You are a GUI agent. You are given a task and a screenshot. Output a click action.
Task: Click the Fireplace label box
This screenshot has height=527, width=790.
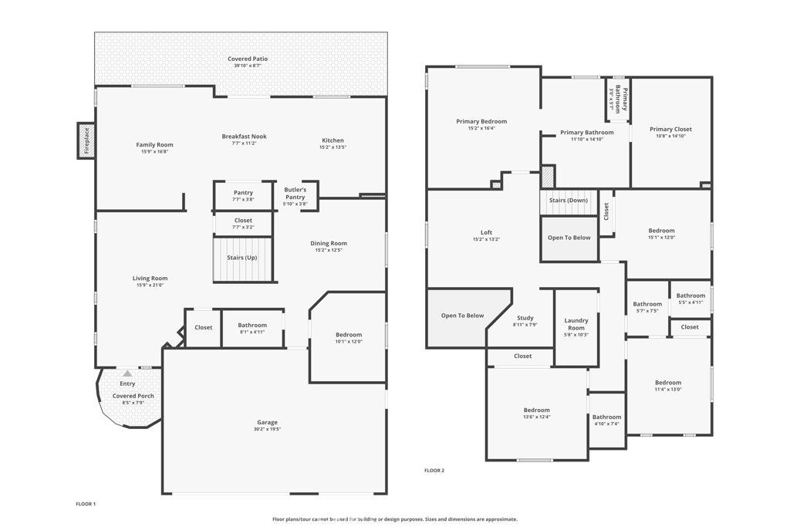tap(86, 141)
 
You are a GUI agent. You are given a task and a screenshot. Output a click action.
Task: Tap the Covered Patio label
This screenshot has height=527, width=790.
tap(248, 59)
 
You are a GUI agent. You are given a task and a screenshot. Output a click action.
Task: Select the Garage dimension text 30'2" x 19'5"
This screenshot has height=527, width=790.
tap(268, 429)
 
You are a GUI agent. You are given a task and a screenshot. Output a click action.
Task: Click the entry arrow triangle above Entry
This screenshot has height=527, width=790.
tap(127, 373)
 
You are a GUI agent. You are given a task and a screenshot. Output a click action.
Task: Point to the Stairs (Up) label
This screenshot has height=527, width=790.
tap(242, 257)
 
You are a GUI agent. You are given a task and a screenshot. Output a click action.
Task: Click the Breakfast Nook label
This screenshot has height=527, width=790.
tap(244, 137)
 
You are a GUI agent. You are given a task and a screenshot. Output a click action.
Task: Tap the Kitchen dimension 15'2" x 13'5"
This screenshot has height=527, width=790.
tap(333, 147)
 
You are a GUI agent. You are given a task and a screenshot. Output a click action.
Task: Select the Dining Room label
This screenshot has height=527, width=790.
tap(329, 243)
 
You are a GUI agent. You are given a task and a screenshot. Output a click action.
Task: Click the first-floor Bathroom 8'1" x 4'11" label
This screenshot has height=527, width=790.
tap(252, 326)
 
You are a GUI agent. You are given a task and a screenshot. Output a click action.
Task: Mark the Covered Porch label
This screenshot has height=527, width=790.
tap(133, 396)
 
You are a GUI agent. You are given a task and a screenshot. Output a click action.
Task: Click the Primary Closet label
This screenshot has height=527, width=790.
tap(670, 130)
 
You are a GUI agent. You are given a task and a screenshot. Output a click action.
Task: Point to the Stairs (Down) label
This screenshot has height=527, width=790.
tap(568, 200)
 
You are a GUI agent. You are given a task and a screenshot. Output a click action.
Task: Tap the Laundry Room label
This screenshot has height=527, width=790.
tap(576, 324)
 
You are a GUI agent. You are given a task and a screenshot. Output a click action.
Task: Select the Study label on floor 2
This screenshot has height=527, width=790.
tap(525, 318)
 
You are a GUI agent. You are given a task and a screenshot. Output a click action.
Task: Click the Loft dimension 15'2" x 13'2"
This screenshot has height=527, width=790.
tap(486, 239)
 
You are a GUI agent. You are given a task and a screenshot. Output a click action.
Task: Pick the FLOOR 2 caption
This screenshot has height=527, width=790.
tap(434, 470)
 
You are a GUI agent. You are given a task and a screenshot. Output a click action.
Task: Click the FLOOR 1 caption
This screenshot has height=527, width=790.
tap(86, 504)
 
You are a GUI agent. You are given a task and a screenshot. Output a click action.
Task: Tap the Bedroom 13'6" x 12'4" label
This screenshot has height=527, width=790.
tap(537, 410)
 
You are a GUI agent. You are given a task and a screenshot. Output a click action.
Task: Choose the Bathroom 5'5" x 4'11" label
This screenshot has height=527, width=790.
tap(690, 296)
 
